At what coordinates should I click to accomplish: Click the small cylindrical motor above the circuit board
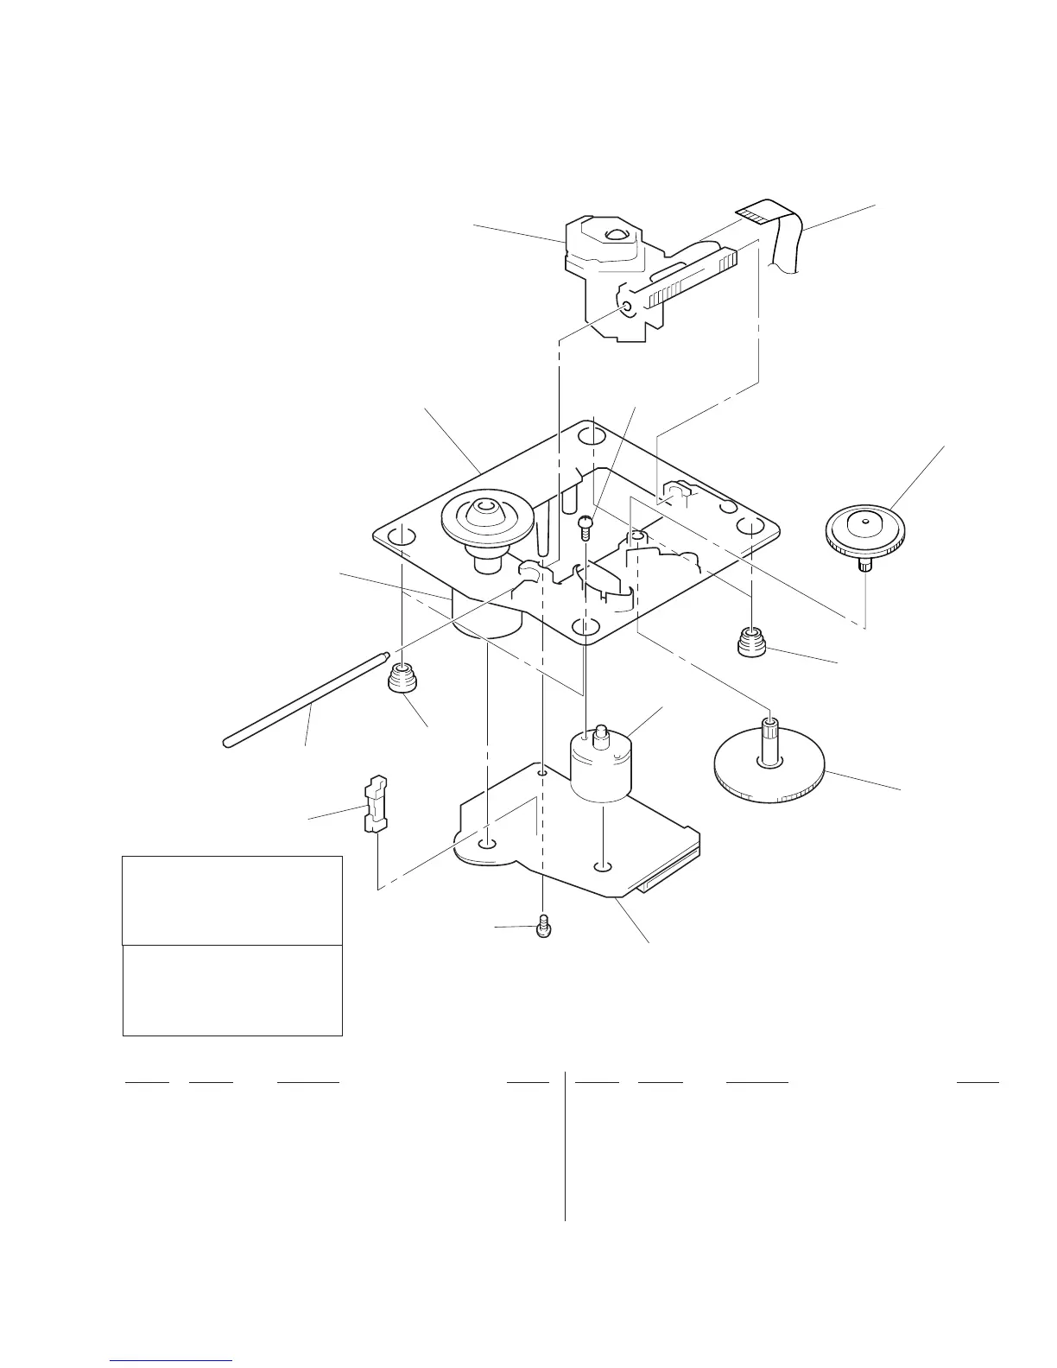pos(603,764)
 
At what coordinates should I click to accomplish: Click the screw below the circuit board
pos(543,926)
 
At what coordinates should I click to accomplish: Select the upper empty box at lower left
pos(232,900)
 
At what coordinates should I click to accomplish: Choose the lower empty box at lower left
pos(232,990)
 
